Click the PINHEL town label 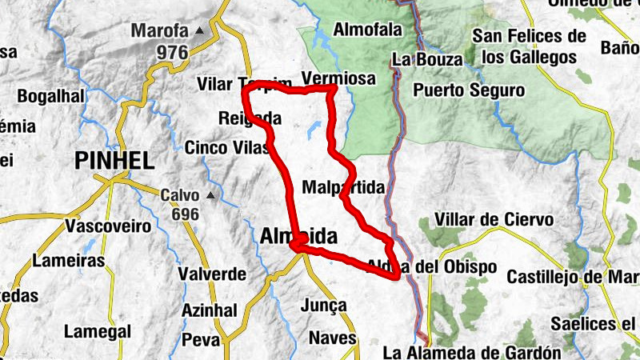[114, 160]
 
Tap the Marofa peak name [159, 32]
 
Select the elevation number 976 [171, 53]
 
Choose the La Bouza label [426, 60]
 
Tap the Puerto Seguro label [469, 90]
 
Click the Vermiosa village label [340, 78]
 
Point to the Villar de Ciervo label [494, 219]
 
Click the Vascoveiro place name [109, 226]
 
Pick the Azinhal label [209, 309]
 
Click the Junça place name [325, 305]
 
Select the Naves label [332, 338]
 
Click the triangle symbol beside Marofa [199, 31]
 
